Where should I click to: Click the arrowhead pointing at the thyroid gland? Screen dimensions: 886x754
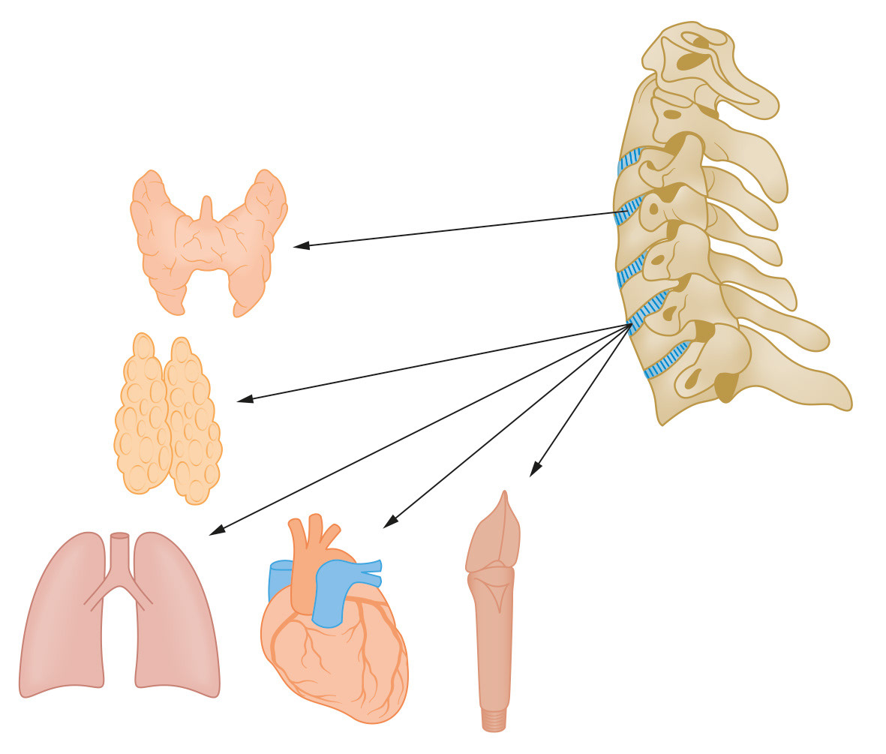[299, 245]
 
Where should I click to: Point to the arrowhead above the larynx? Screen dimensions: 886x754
[533, 471]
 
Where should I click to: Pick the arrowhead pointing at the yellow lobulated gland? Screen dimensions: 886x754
[243, 401]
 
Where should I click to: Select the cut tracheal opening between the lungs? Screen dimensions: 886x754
[119, 536]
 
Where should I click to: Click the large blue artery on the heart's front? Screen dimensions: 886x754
[329, 593]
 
